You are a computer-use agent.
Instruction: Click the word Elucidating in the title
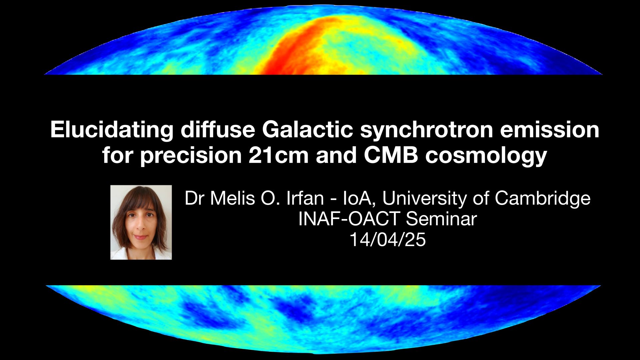112,130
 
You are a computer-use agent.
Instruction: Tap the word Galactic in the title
308,129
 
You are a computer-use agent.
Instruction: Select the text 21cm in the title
279,155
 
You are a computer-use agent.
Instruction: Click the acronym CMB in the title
391,155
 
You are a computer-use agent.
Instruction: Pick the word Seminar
441,219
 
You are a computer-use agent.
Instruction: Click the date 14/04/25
388,239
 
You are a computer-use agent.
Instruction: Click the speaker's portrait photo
141,222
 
